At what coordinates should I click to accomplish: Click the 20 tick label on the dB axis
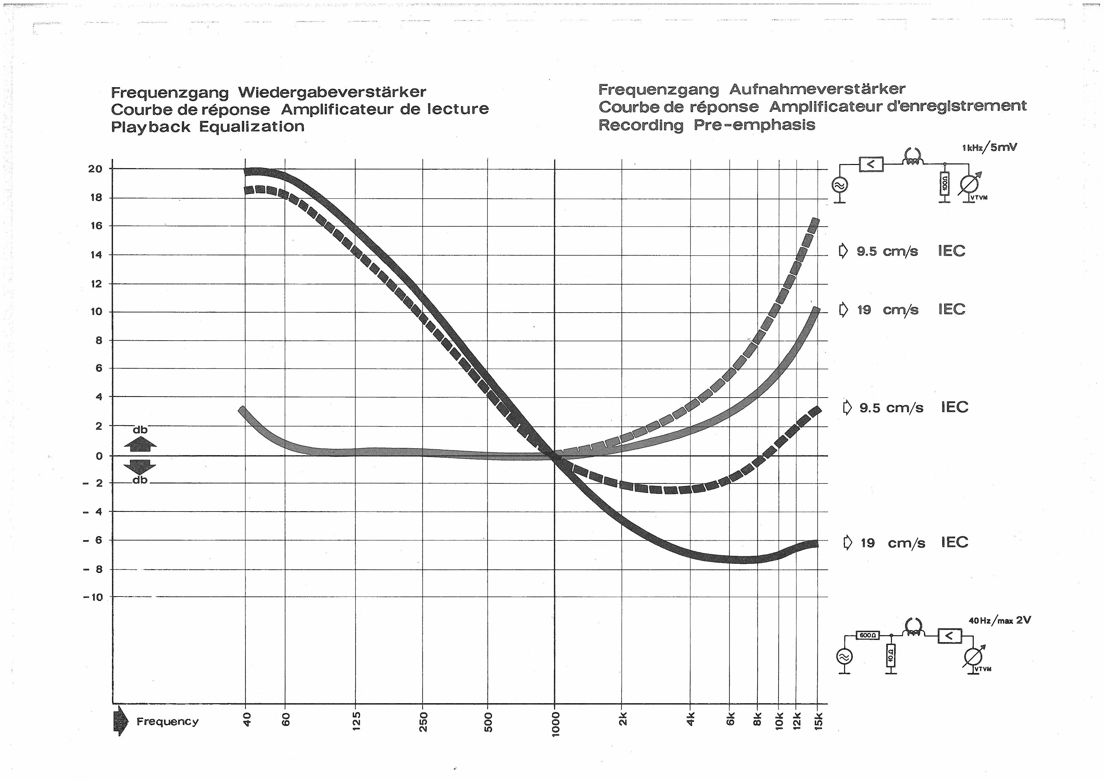(95, 169)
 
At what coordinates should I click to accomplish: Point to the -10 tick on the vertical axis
(93, 597)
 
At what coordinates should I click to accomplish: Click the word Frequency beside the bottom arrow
(167, 722)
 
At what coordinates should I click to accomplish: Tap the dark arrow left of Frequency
(121, 721)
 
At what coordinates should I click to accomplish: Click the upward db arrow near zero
(140, 444)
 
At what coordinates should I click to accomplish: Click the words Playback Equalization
(208, 127)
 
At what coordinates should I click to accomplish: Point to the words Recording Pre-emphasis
(707, 125)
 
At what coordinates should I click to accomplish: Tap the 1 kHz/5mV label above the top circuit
(989, 148)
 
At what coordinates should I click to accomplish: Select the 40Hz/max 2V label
(1000, 620)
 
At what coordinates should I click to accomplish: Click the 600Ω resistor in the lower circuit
(868, 635)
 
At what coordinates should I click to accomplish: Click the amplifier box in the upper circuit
(871, 165)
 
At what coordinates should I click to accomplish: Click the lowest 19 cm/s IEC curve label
(906, 542)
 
